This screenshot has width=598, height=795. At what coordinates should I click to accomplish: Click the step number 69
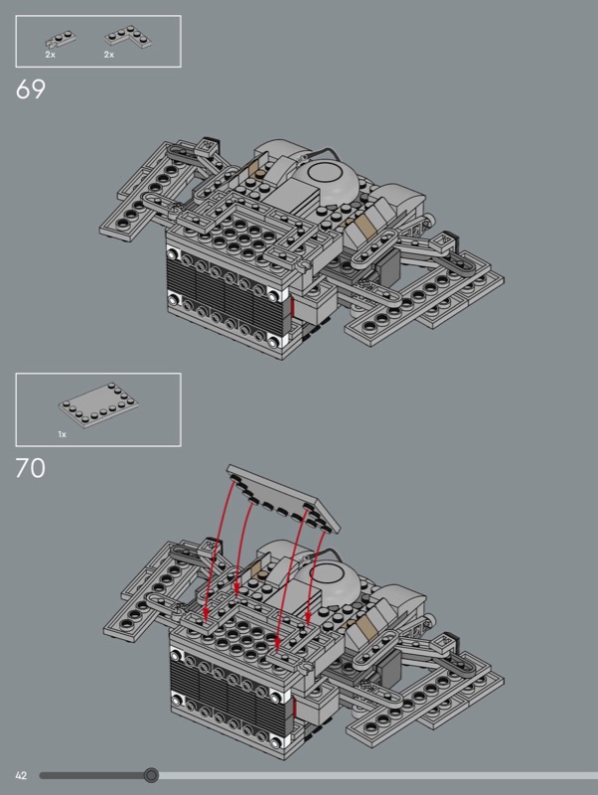tap(31, 89)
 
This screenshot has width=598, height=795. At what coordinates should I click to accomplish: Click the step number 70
tap(31, 468)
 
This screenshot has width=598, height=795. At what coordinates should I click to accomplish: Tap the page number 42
tap(21, 775)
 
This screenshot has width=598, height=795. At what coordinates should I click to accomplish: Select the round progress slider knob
tap(151, 775)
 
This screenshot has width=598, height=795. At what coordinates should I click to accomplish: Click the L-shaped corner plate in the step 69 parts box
tap(128, 38)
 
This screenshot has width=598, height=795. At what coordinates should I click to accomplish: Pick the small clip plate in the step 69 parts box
tap(61, 39)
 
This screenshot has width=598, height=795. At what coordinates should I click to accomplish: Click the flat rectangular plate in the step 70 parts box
tap(98, 405)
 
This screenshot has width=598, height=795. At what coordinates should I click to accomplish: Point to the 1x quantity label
tap(62, 434)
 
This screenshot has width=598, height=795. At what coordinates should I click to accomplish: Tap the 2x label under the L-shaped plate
tap(109, 55)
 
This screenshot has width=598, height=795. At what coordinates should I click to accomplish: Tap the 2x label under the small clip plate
tap(51, 55)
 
